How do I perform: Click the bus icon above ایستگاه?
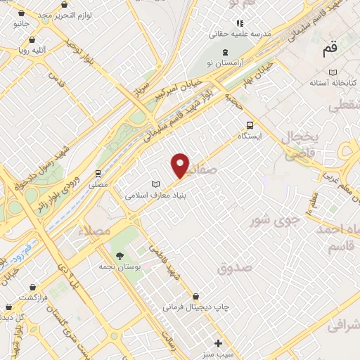[250, 124]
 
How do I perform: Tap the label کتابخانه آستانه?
[333, 82]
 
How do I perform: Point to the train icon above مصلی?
[98, 173]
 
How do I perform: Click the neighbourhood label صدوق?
[234, 268]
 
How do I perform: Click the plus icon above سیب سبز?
[219, 343]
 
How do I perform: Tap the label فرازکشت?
[34, 298]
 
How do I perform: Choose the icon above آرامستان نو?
[225, 53]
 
